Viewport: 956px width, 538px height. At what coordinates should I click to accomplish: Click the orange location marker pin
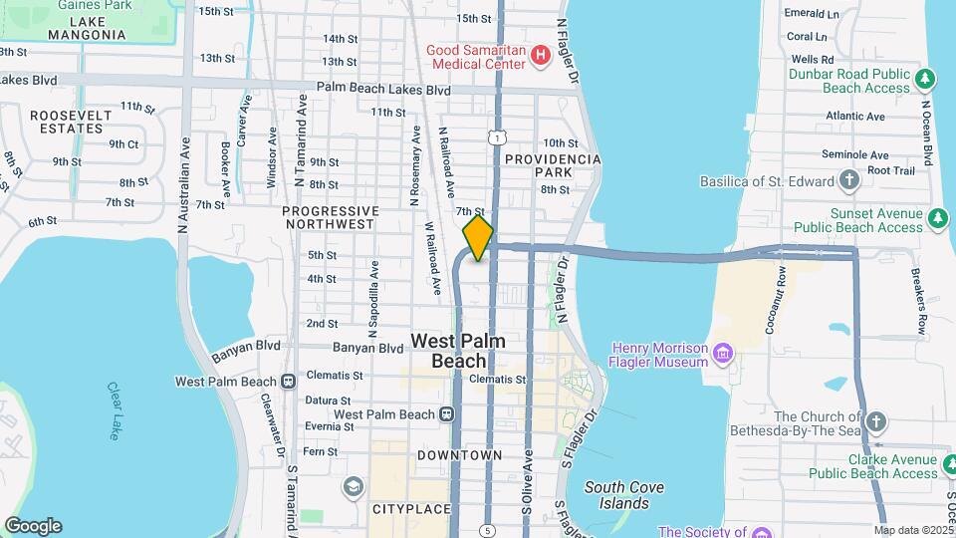click(x=478, y=238)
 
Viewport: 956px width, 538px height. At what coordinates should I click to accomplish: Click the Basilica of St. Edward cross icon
click(x=848, y=180)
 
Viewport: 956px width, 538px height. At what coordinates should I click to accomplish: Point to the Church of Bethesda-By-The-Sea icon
click(x=875, y=420)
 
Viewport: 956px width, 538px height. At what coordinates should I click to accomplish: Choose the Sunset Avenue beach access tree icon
click(x=937, y=218)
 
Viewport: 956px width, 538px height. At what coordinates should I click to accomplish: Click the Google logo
click(x=33, y=525)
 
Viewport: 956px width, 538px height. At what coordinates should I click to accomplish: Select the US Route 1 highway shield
click(x=495, y=138)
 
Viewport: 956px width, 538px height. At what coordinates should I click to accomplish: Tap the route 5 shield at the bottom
click(x=487, y=529)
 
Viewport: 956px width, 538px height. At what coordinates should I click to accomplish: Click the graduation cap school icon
click(x=353, y=486)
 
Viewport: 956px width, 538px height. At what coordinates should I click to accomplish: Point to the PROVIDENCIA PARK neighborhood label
click(x=553, y=165)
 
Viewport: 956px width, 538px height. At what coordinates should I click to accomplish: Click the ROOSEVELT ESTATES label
click(x=69, y=122)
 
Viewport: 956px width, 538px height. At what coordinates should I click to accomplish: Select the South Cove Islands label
click(x=623, y=495)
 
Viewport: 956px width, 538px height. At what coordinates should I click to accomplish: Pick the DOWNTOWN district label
click(x=459, y=455)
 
